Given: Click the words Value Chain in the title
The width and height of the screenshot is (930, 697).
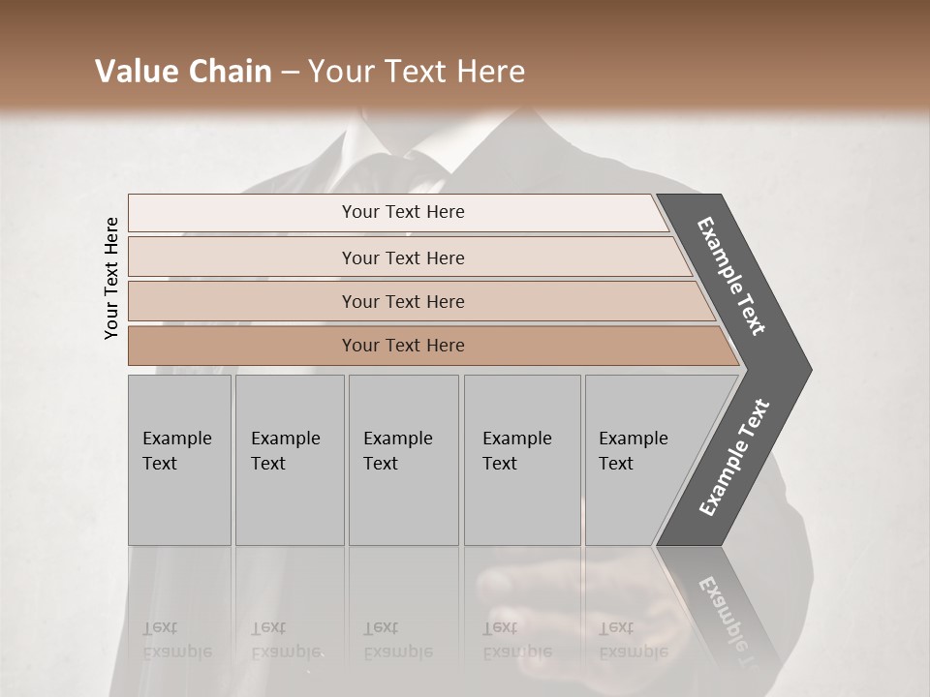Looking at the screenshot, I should tap(183, 72).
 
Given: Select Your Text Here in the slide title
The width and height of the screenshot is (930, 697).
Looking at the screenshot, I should tap(417, 72).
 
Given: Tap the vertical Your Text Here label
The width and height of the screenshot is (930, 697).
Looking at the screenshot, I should tap(111, 278).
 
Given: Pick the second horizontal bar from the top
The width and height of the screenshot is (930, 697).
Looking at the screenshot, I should tap(403, 258).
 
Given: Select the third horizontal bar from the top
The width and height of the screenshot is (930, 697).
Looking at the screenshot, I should tap(403, 301).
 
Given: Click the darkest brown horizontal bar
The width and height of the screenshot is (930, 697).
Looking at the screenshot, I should tap(403, 346).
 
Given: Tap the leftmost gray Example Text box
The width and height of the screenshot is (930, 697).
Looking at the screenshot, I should tap(179, 460).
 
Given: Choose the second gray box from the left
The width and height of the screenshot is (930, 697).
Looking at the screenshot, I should tap(290, 460).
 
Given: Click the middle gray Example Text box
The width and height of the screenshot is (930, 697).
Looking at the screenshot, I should tap(403, 460).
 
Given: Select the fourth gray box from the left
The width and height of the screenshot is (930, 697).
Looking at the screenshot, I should tap(522, 460).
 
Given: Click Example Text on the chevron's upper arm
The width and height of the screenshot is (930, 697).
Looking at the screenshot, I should tap(732, 276).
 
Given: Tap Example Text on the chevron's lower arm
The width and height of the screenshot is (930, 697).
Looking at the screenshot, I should tap(734, 457).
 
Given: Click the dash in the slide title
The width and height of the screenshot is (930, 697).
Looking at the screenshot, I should tap(290, 73).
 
